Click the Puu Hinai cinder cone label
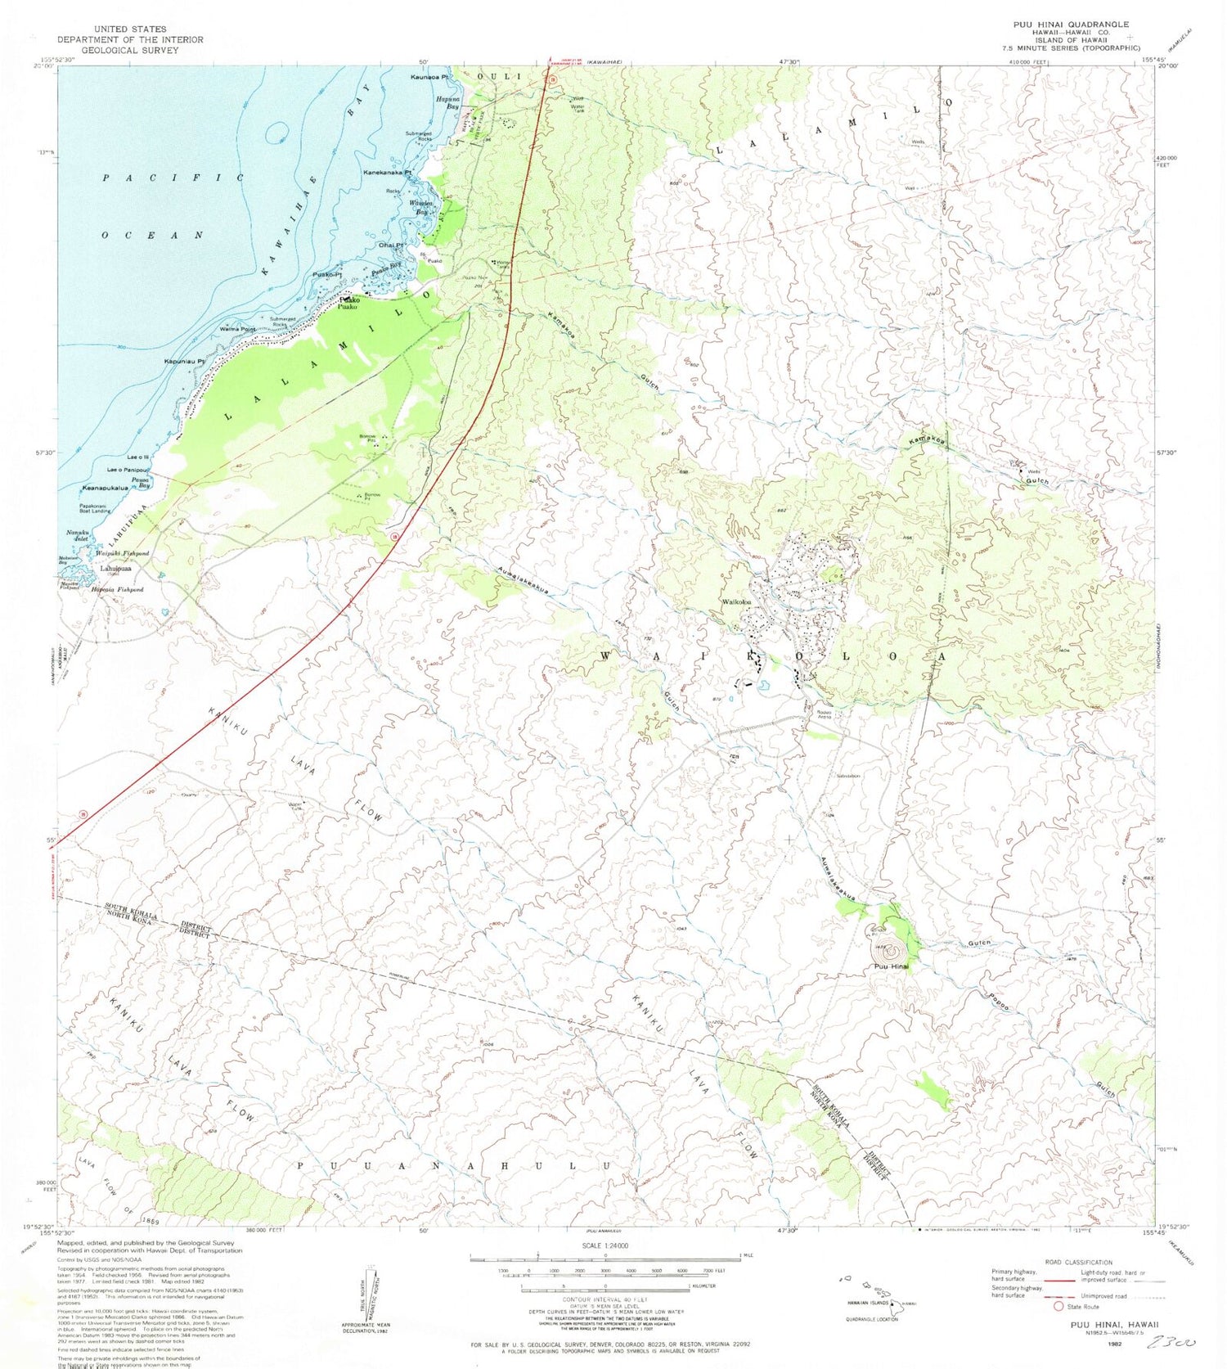click(891, 967)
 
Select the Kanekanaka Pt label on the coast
click(388, 173)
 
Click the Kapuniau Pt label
click(184, 361)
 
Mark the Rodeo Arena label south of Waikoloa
click(825, 714)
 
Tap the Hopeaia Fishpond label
click(117, 589)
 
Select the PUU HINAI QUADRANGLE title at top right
click(1070, 25)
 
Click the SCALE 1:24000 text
click(605, 1245)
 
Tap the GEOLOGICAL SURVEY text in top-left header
click(130, 50)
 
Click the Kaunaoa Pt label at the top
click(430, 77)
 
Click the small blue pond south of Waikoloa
click(764, 686)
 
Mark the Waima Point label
click(239, 328)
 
